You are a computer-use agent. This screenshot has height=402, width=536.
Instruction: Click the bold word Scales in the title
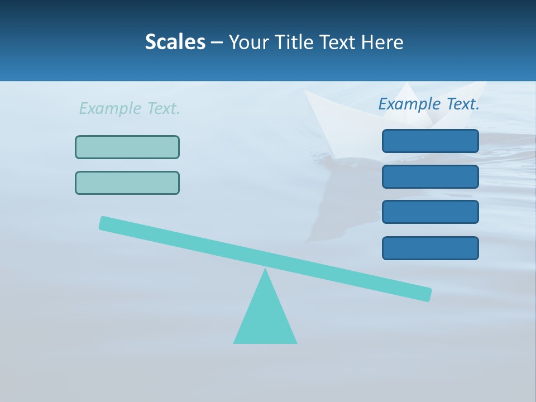tap(175, 42)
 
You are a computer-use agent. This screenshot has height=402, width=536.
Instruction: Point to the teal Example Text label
tap(130, 108)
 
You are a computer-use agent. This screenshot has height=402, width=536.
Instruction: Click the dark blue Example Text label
tap(429, 104)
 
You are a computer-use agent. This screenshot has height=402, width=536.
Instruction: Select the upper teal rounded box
tap(127, 147)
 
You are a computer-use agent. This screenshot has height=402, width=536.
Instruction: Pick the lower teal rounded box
tap(127, 183)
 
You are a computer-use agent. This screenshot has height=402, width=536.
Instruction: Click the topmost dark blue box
tap(430, 141)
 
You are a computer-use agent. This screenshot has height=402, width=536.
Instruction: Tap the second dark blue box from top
tap(430, 176)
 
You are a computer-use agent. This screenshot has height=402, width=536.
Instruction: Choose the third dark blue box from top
tap(430, 212)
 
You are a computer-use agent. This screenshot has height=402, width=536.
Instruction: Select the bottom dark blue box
tap(430, 248)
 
